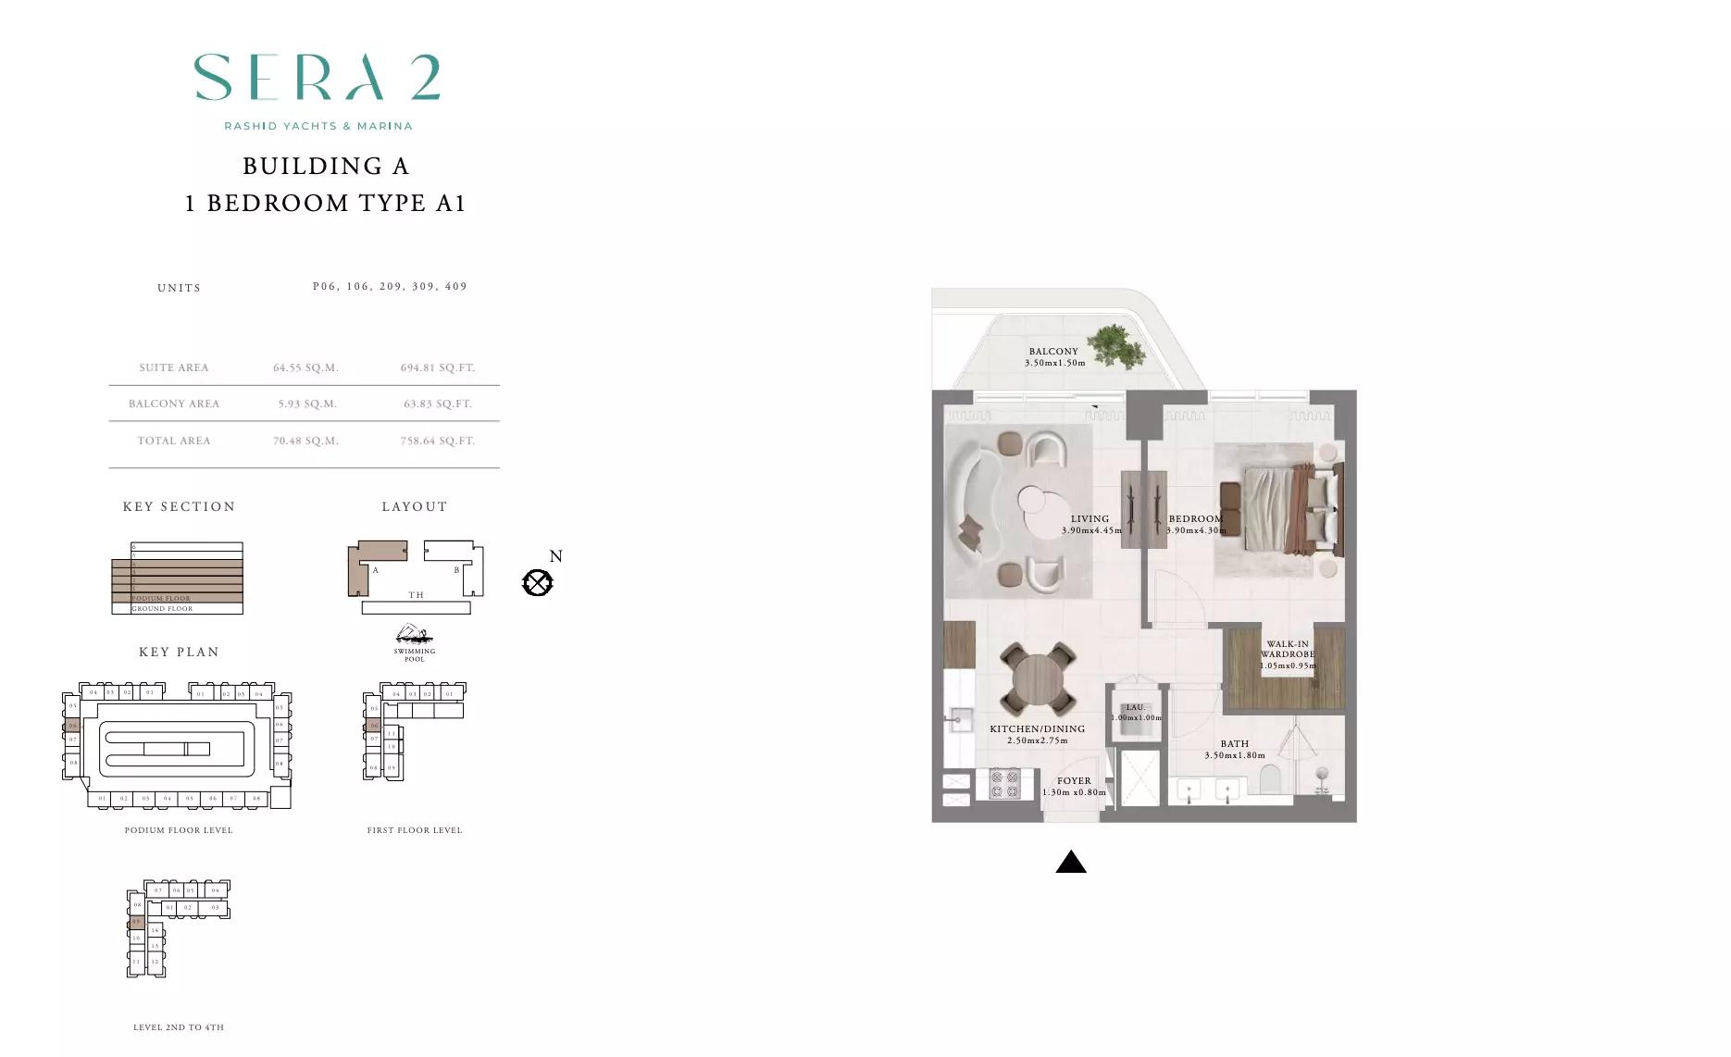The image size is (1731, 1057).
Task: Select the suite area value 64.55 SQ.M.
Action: pyautogui.click(x=305, y=367)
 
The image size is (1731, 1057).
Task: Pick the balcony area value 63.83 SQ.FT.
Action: pyautogui.click(x=437, y=404)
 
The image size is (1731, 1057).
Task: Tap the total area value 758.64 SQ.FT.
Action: pyautogui.click(x=437, y=441)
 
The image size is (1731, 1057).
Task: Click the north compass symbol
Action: pyautogui.click(x=538, y=582)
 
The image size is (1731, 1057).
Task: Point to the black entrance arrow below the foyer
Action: pyautogui.click(x=1071, y=862)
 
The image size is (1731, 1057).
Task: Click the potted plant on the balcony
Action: pyautogui.click(x=1115, y=346)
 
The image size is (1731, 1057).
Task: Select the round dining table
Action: pyautogui.click(x=1039, y=680)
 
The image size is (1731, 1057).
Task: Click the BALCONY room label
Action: pyautogui.click(x=1053, y=352)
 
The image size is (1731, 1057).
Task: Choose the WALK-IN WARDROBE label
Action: pyautogui.click(x=1288, y=650)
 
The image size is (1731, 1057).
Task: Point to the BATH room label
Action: pyautogui.click(x=1234, y=743)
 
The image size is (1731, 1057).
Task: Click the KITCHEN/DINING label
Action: pyautogui.click(x=1037, y=728)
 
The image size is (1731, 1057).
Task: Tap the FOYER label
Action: pyautogui.click(x=1074, y=780)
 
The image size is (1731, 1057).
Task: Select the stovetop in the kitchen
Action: pyautogui.click(x=1004, y=784)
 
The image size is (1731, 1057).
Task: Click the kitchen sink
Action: pyautogui.click(x=957, y=718)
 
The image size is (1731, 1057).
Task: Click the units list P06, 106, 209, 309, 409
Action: pyautogui.click(x=390, y=287)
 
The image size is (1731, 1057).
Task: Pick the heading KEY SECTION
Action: pyautogui.click(x=179, y=506)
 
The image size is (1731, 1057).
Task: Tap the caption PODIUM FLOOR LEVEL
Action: pyautogui.click(x=179, y=830)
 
